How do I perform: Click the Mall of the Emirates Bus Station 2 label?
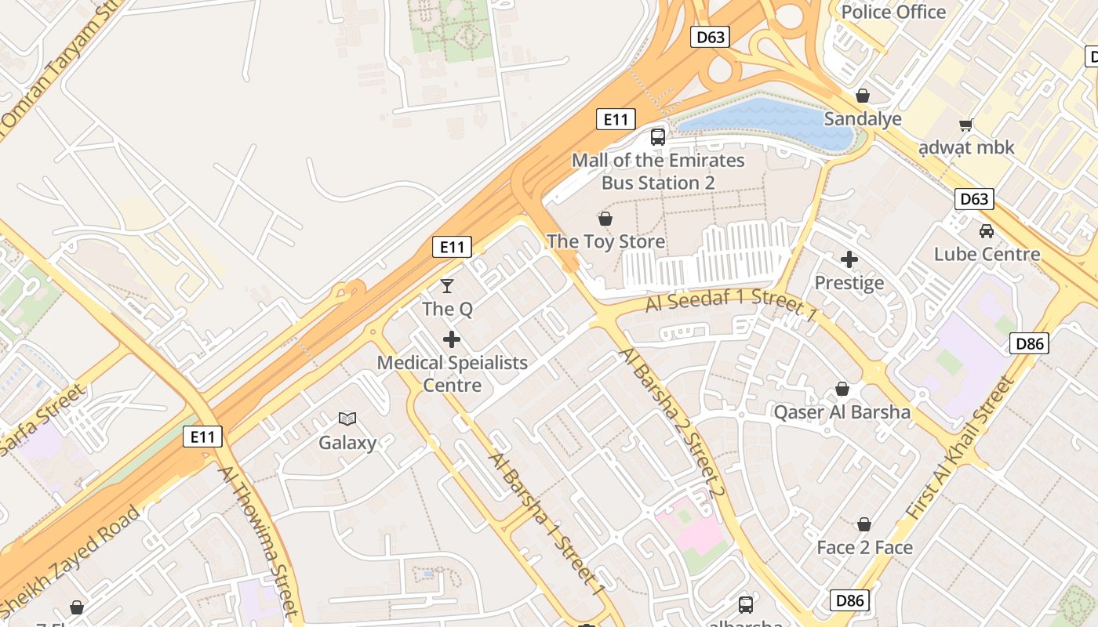coord(658,172)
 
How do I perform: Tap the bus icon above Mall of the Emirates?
coord(658,137)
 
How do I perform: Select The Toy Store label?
coord(605,241)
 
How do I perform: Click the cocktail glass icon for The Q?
coord(447,286)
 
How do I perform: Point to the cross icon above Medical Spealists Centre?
coord(452,339)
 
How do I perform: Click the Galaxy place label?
coord(347,443)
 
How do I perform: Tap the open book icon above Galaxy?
coord(347,419)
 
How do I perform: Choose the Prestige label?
coord(849,283)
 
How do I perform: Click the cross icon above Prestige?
coord(849,259)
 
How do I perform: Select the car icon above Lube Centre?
coord(987,231)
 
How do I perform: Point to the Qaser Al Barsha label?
coord(842,412)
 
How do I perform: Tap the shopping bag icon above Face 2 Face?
coord(864,524)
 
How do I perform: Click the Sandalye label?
coord(863,119)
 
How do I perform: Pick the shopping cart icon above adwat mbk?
coord(966,125)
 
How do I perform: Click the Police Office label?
coord(893,12)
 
